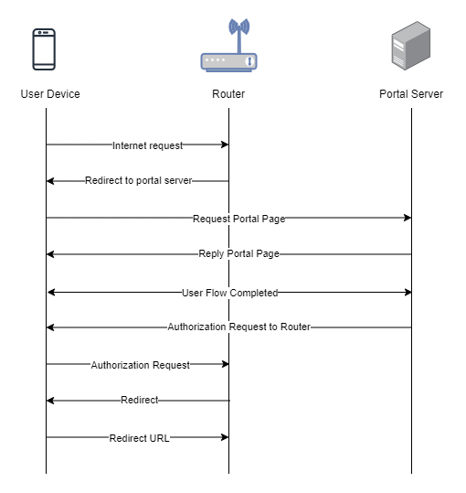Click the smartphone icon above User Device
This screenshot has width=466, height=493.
click(x=44, y=49)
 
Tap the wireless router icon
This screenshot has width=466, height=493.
click(x=229, y=45)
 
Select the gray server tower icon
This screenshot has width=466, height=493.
click(x=411, y=46)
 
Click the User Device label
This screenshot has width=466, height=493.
click(x=50, y=94)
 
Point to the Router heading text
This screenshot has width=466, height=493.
click(x=228, y=94)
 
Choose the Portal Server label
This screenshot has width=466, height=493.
click(x=411, y=94)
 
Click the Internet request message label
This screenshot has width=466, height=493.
click(x=148, y=145)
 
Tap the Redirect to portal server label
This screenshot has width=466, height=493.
click(x=139, y=180)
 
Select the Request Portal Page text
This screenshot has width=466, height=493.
click(x=239, y=219)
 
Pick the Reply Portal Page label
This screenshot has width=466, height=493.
click(x=239, y=253)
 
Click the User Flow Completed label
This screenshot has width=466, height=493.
click(x=230, y=293)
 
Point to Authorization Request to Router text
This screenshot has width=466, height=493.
click(x=239, y=327)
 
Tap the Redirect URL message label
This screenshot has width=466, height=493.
click(x=139, y=438)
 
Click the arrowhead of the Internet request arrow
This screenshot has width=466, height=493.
click(x=225, y=145)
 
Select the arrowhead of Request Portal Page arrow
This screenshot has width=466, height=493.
click(x=408, y=218)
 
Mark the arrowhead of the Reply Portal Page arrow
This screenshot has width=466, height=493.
click(x=50, y=254)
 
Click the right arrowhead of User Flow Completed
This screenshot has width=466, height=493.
click(x=408, y=293)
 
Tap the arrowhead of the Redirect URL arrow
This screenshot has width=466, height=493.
click(x=225, y=437)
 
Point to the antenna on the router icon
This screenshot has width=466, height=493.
click(x=239, y=35)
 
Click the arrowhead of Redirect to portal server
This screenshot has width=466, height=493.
click(x=50, y=181)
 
